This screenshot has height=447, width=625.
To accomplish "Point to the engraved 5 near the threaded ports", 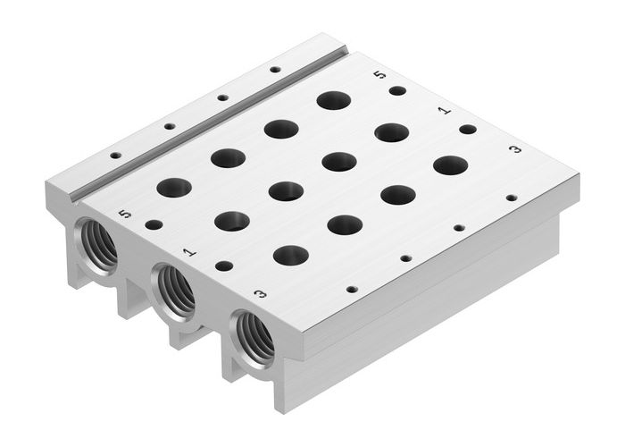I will (125, 214).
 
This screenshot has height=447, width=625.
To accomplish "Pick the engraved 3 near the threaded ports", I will (260, 292).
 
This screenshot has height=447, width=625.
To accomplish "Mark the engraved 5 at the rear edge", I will (381, 75).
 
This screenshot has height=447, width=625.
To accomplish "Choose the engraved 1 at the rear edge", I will (444, 111).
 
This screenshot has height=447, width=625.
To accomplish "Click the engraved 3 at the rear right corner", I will (515, 148).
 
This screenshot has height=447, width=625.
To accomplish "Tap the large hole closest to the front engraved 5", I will (174, 188).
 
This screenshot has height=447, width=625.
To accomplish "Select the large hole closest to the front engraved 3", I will (291, 256).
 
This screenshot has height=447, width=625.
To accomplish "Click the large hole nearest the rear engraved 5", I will (334, 100).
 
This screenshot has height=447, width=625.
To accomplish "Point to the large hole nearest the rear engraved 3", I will (451, 165).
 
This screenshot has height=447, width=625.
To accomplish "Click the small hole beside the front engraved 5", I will (154, 224).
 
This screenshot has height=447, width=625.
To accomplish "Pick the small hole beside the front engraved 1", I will (224, 266).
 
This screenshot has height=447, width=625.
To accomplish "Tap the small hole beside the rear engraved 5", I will (397, 90).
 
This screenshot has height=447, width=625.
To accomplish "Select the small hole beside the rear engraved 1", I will (467, 130).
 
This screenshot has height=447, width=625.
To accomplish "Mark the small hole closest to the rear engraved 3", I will (512, 198).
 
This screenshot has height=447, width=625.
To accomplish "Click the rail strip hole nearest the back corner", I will (275, 69).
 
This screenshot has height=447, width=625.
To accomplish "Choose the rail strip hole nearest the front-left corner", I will (115, 156).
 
